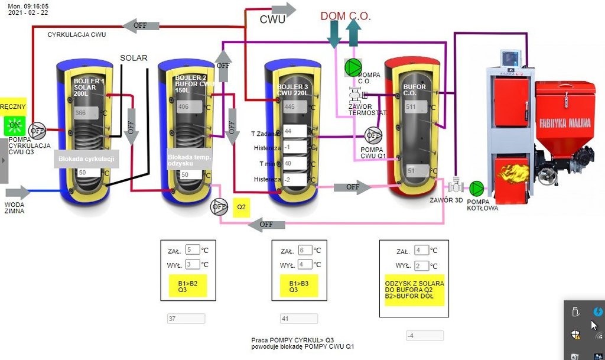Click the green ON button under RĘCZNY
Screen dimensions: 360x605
coord(14,125)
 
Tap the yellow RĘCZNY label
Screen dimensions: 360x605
coord(13,106)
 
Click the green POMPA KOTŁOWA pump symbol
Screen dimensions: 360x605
coord(476,189)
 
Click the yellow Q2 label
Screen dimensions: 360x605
coord(241,207)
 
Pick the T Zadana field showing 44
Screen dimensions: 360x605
coord(294,131)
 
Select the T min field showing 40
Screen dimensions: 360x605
coord(294,163)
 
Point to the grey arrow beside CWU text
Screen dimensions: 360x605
coord(284,9)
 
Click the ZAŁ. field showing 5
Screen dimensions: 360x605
coord(192,249)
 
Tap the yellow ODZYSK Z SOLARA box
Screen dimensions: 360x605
coord(414,290)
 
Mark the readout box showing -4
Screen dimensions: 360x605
coord(424,336)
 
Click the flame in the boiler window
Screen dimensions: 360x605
coord(513,173)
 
